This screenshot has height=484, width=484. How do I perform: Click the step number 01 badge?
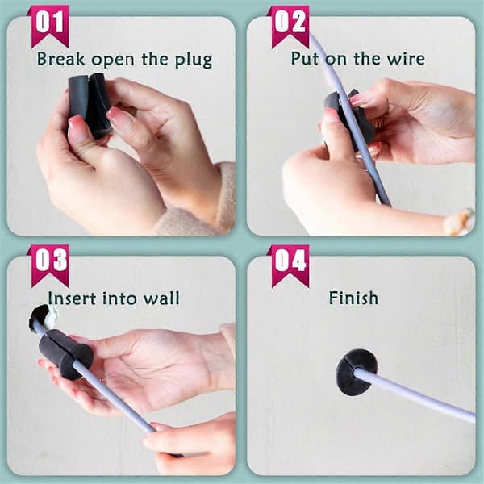tap(49, 27)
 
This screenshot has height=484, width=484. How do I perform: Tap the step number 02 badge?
tap(290, 27)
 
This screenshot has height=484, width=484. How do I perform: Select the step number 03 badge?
tap(49, 266)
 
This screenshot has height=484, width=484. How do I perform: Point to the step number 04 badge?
tap(290, 266)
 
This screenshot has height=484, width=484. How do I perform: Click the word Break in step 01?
tap(60, 59)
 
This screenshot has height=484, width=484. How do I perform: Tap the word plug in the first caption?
tap(194, 60)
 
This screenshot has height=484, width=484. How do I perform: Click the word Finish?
tap(353, 298)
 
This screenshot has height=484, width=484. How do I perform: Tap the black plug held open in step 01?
tap(89, 104)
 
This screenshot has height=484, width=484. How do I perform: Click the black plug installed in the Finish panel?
tap(356, 372)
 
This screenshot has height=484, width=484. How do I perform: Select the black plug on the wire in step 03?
tap(65, 353)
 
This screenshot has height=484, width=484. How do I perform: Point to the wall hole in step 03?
tap(43, 317)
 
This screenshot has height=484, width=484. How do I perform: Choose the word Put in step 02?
tap(305, 59)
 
